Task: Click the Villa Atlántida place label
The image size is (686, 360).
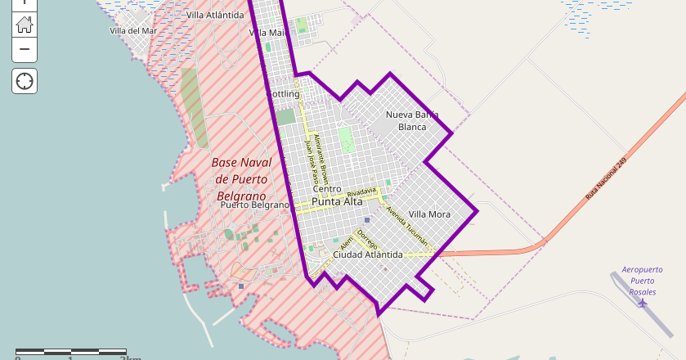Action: tap(214, 15)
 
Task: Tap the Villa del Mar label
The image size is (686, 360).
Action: tap(132, 31)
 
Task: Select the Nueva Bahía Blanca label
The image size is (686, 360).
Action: tap(412, 120)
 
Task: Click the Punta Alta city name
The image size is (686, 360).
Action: tap(337, 201)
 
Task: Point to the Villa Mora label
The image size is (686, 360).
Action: tap(429, 214)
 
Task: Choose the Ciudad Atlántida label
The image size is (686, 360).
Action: tap(367, 254)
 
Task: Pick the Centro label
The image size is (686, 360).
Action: tap(326, 189)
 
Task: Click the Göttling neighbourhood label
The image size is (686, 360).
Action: tap(284, 94)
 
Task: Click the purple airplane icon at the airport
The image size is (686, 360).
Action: tap(642, 303)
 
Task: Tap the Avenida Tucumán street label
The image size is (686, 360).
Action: tap(407, 225)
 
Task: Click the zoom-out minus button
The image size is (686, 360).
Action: tap(25, 49)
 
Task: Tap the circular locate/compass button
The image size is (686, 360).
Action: tap(25, 81)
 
